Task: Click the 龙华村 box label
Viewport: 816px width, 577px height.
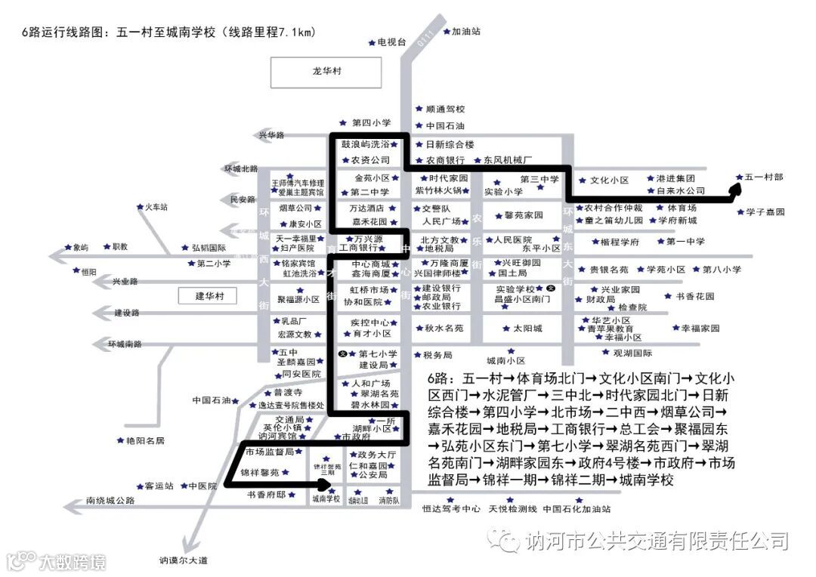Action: click(x=326, y=71)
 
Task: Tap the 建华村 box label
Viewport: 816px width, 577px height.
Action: click(x=207, y=296)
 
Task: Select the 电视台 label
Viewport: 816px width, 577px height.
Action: click(x=392, y=42)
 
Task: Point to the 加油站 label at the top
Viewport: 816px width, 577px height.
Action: click(x=465, y=32)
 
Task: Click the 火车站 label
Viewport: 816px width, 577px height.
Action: click(x=156, y=207)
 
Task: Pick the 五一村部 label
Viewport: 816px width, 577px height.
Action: click(x=763, y=177)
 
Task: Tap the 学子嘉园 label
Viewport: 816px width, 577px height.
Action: click(x=765, y=212)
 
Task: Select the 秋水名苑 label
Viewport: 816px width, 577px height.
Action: click(x=444, y=329)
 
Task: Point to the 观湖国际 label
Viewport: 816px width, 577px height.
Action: click(x=632, y=353)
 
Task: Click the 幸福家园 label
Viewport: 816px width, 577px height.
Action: click(x=700, y=329)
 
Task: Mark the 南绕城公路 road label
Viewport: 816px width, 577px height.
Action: click(x=110, y=501)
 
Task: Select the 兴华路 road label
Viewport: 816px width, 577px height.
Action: click(x=271, y=135)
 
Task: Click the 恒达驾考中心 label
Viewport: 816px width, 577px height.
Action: click(x=451, y=509)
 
